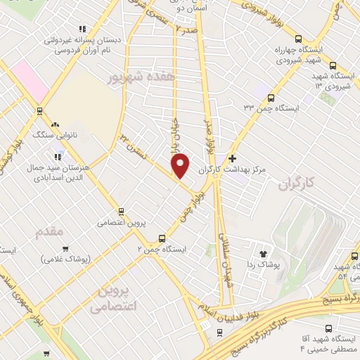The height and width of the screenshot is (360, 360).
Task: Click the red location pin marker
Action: click(181, 165)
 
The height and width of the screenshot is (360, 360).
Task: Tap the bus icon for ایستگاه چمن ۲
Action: click(162, 238)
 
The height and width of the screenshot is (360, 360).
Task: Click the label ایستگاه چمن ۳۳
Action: click(271, 108)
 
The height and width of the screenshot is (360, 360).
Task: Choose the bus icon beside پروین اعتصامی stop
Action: click(122, 210)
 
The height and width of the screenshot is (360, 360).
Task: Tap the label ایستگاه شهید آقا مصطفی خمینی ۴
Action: click(329, 344)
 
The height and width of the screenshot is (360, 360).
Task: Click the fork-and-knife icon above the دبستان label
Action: click(82, 30)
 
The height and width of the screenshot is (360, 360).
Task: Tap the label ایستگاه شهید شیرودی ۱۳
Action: click(331, 81)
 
